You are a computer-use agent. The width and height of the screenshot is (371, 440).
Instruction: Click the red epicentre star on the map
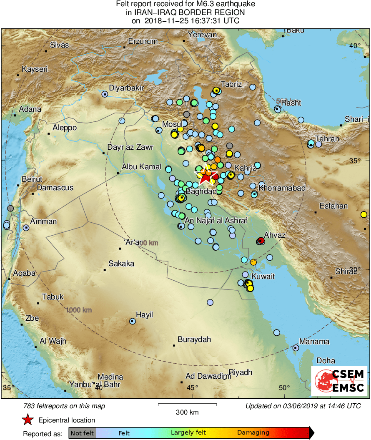coord(205,177)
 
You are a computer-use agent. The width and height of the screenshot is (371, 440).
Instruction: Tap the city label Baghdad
coord(201,191)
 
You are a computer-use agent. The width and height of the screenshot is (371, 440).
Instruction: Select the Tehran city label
coord(327,138)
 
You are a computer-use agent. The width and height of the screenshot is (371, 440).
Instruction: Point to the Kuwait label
coord(263,276)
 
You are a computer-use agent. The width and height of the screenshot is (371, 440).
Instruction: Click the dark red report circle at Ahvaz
coord(261,241)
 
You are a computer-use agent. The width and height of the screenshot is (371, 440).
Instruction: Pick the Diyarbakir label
coord(126,88)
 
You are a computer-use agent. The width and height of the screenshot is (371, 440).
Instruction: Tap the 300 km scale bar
coord(187,405)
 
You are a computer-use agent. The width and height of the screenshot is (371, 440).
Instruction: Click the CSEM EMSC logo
coord(339,381)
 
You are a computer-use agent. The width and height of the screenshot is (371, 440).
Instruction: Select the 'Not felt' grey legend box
coord(83,433)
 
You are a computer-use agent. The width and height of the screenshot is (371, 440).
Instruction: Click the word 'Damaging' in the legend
coord(253,433)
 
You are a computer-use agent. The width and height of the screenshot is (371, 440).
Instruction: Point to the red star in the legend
coord(28,420)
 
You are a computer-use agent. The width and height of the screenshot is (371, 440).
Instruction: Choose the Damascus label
coord(55,188)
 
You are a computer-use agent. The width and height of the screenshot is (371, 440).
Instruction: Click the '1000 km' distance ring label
coord(78,310)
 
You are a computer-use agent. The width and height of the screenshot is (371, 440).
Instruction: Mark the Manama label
coord(314,342)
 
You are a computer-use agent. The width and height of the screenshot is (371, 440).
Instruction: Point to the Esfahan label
coord(333,206)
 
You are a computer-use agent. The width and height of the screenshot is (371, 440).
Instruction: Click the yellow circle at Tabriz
coord(216,91)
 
